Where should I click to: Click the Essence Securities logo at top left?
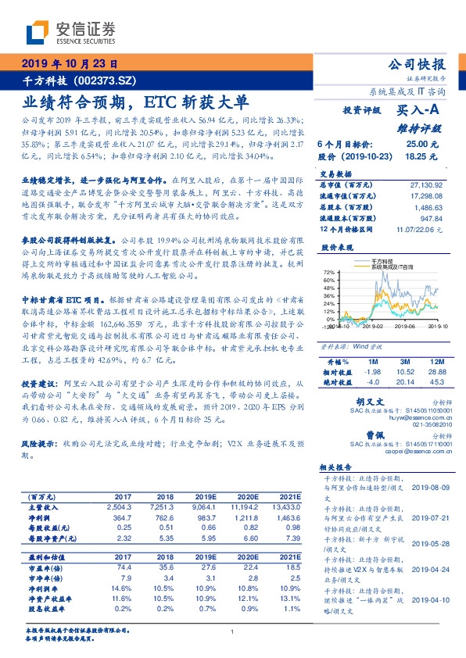tap(70, 33)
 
